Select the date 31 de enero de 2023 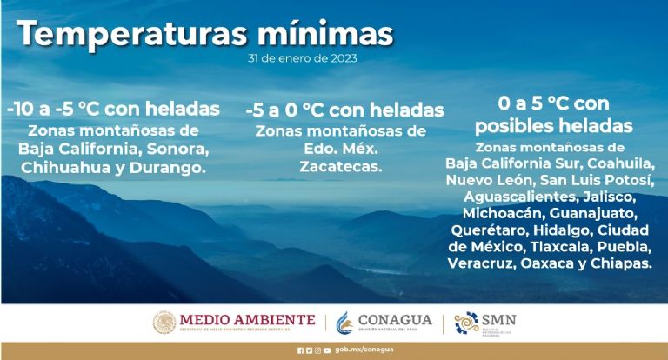tap(301, 59)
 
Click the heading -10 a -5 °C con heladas tap(113, 110)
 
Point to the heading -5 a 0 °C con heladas tap(344, 110)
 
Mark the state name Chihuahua tap(67, 167)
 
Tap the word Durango tap(174, 167)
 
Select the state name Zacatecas tap(340, 167)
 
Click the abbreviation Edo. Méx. tap(340, 149)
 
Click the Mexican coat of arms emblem tap(164, 323)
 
